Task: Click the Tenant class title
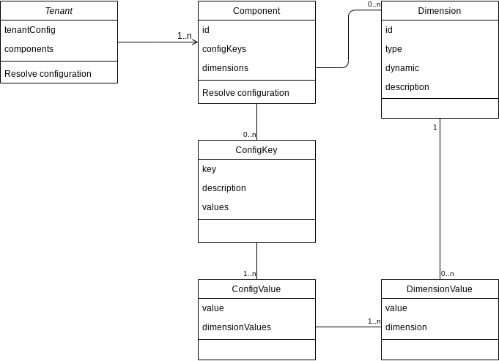(59, 11)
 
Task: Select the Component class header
(256, 11)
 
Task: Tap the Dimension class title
(440, 11)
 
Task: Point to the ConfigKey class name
(256, 150)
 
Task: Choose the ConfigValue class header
(256, 289)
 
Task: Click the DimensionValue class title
(440, 289)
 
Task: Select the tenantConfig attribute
(30, 30)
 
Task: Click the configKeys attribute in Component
(224, 49)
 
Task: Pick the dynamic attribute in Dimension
(402, 68)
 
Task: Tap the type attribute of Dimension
(393, 49)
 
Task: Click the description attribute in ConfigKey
(224, 188)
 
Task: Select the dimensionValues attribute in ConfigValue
(237, 327)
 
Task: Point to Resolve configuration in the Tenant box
(48, 74)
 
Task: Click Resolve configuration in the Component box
(245, 93)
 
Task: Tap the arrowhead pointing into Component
(194, 42)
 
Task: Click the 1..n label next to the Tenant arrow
(185, 35)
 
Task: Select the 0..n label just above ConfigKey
(250, 135)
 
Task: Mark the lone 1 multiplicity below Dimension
(435, 127)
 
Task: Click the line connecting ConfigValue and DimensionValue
(344, 327)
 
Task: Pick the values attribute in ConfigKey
(215, 207)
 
